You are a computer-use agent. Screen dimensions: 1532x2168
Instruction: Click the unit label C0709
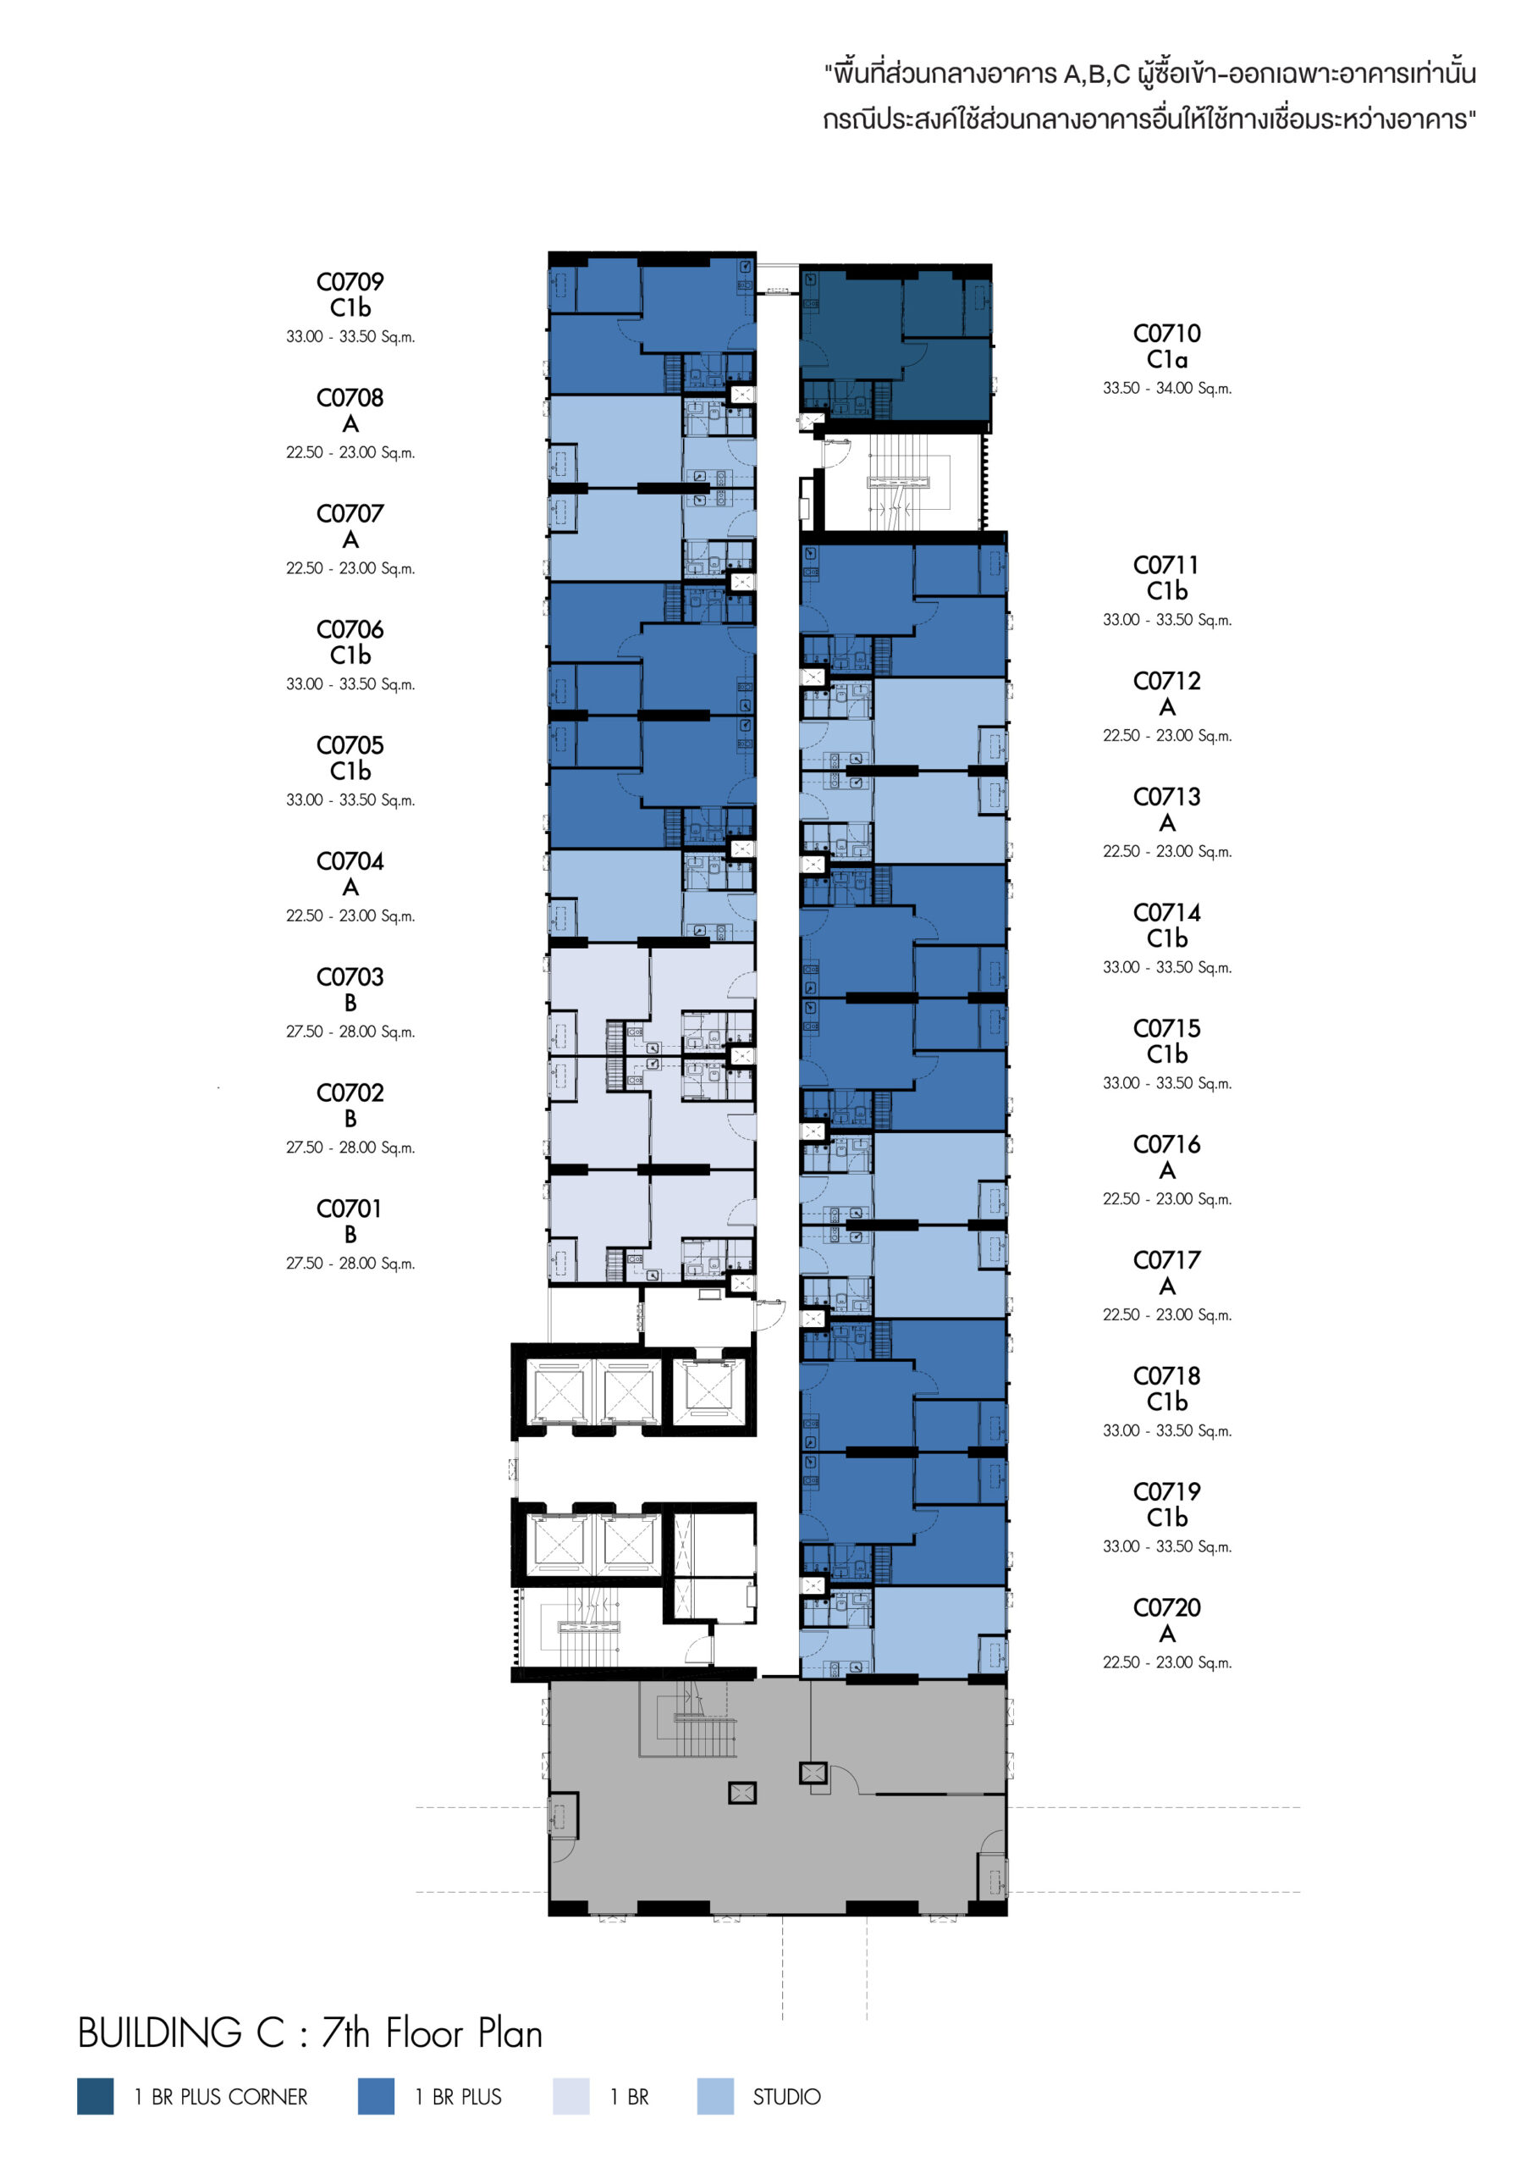(x=350, y=281)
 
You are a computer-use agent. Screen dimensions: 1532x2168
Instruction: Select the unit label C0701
(x=350, y=1208)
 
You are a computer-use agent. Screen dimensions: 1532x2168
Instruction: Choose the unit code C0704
(x=350, y=861)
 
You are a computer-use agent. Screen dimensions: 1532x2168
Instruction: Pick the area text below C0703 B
(x=350, y=1032)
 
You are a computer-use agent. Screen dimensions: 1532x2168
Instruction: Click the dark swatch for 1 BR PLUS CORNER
(x=96, y=2096)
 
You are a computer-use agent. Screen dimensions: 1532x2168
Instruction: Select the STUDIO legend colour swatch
(x=714, y=2096)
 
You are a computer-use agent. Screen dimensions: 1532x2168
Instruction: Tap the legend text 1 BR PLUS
(x=458, y=2096)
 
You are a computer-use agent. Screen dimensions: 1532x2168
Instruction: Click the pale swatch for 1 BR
(x=570, y=2096)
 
